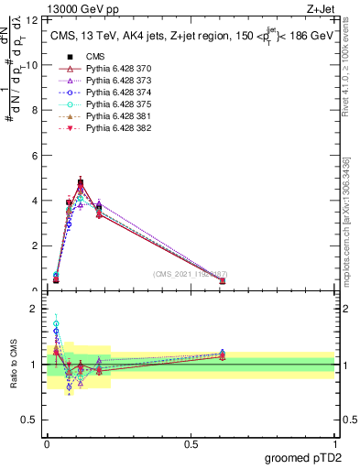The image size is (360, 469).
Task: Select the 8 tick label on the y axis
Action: coord(36,110)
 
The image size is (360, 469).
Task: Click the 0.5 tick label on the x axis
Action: coord(191,443)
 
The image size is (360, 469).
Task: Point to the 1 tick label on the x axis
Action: coord(334,443)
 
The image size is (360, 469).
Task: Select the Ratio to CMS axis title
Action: coord(15,364)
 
